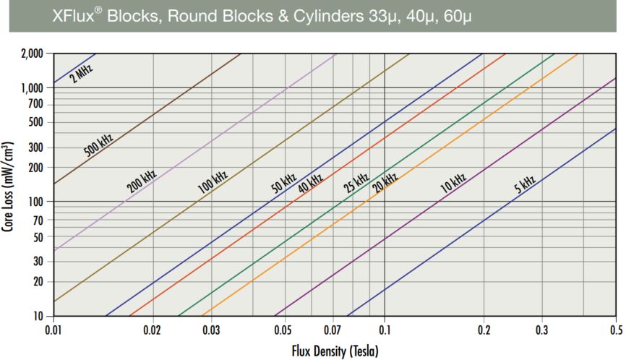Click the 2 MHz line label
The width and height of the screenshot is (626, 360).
click(x=82, y=74)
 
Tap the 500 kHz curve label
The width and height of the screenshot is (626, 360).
click(x=98, y=146)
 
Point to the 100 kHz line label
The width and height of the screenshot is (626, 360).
click(x=213, y=181)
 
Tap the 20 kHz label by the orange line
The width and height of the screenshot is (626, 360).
click(x=385, y=182)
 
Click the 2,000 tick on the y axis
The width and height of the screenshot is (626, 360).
click(x=30, y=54)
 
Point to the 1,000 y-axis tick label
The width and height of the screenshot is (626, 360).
click(x=30, y=88)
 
